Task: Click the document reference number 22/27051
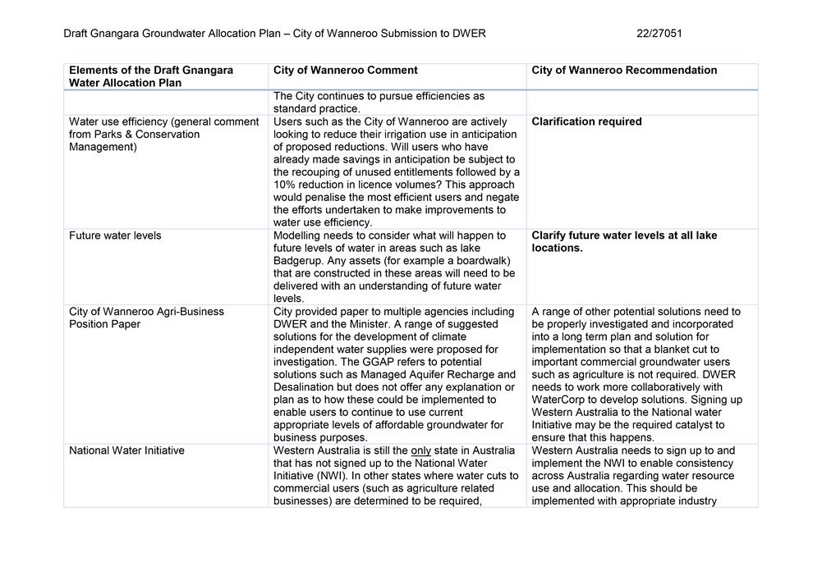pyautogui.click(x=659, y=34)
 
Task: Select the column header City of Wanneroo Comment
pyautogui.click(x=345, y=71)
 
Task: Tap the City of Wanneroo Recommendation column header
pyautogui.click(x=624, y=71)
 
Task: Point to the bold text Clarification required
pyautogui.click(x=586, y=121)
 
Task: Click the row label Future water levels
pyautogui.click(x=115, y=235)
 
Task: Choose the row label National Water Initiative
pyautogui.click(x=126, y=450)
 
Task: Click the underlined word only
pyautogui.click(x=420, y=450)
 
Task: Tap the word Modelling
pyautogui.click(x=299, y=235)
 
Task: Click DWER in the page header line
pyautogui.click(x=467, y=34)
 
